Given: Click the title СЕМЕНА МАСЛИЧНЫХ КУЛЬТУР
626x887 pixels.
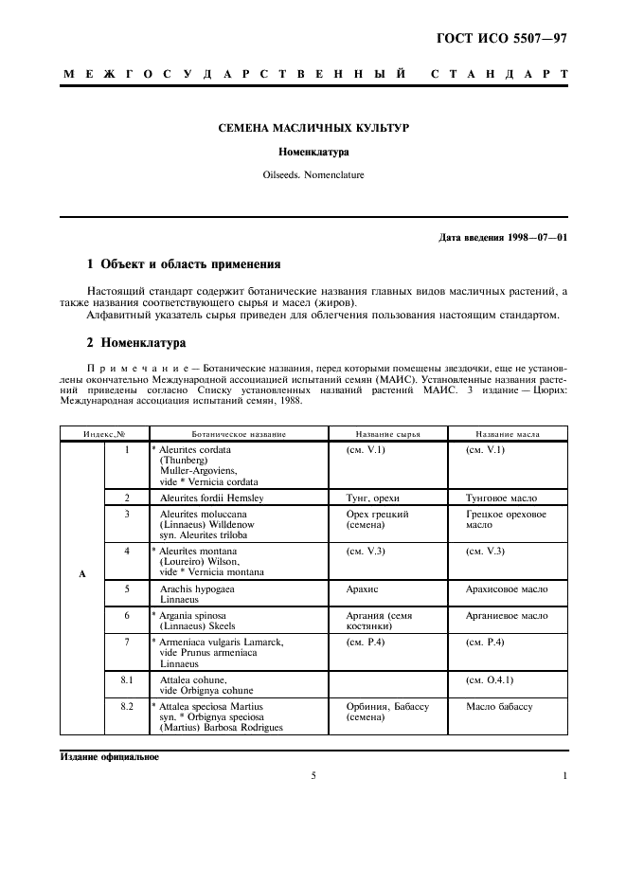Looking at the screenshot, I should coord(313,127).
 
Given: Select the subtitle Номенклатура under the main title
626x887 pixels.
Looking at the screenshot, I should coord(313,151).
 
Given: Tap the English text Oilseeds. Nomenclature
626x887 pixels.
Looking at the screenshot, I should coord(313,174).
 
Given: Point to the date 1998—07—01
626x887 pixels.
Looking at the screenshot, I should coord(533,236).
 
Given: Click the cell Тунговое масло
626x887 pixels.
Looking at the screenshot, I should coord(501,498).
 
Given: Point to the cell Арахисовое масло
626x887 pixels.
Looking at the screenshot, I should coord(506,588).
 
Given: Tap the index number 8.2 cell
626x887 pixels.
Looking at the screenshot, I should coord(127,707).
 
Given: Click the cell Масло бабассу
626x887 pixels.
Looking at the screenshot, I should coord(499,707).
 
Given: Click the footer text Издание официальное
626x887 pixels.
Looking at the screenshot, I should coord(110,757).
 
